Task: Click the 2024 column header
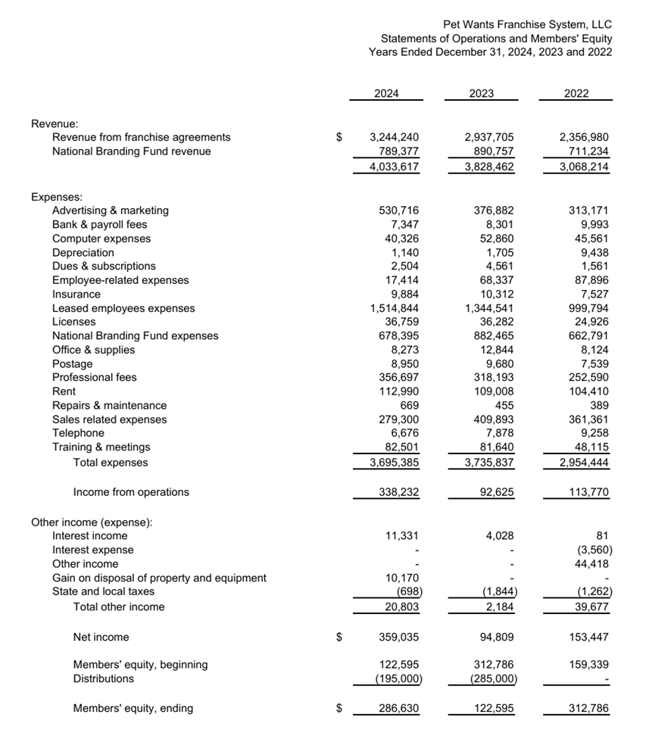click(x=386, y=94)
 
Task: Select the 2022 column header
click(x=576, y=94)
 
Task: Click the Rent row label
click(x=64, y=391)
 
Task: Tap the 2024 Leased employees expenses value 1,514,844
click(x=395, y=308)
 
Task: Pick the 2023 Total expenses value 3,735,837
click(x=488, y=462)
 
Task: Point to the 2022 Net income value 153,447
click(x=588, y=638)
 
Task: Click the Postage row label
click(x=72, y=363)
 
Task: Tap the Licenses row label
click(x=73, y=322)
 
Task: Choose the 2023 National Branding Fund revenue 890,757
click(x=493, y=151)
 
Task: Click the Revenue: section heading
click(x=55, y=123)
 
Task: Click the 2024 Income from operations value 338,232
click(x=398, y=492)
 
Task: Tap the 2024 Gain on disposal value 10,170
click(x=402, y=578)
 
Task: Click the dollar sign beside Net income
click(x=340, y=638)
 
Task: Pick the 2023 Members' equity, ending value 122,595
click(x=493, y=709)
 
